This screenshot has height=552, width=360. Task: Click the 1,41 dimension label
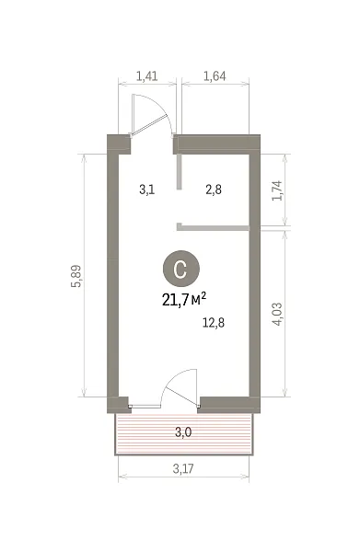146,76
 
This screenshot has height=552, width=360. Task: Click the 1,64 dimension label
215,76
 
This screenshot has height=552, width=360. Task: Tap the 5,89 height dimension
76,276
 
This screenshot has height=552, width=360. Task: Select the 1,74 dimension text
277,190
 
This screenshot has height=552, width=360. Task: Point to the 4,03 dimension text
277,314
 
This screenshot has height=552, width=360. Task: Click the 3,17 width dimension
183,468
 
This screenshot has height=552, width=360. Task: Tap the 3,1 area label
147,190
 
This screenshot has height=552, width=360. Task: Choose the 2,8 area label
214,190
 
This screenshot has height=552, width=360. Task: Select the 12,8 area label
214,322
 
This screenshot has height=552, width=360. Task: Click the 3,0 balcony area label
183,431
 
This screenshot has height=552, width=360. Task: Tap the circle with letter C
181,269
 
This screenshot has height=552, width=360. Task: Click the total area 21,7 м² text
184,300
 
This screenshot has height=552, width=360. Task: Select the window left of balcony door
145,406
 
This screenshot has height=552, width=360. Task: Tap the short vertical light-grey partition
180,172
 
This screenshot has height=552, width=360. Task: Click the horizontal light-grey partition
213,228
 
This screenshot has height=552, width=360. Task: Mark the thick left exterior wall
112,274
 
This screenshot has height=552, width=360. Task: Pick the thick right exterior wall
255,274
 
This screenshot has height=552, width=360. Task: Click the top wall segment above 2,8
216,144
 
